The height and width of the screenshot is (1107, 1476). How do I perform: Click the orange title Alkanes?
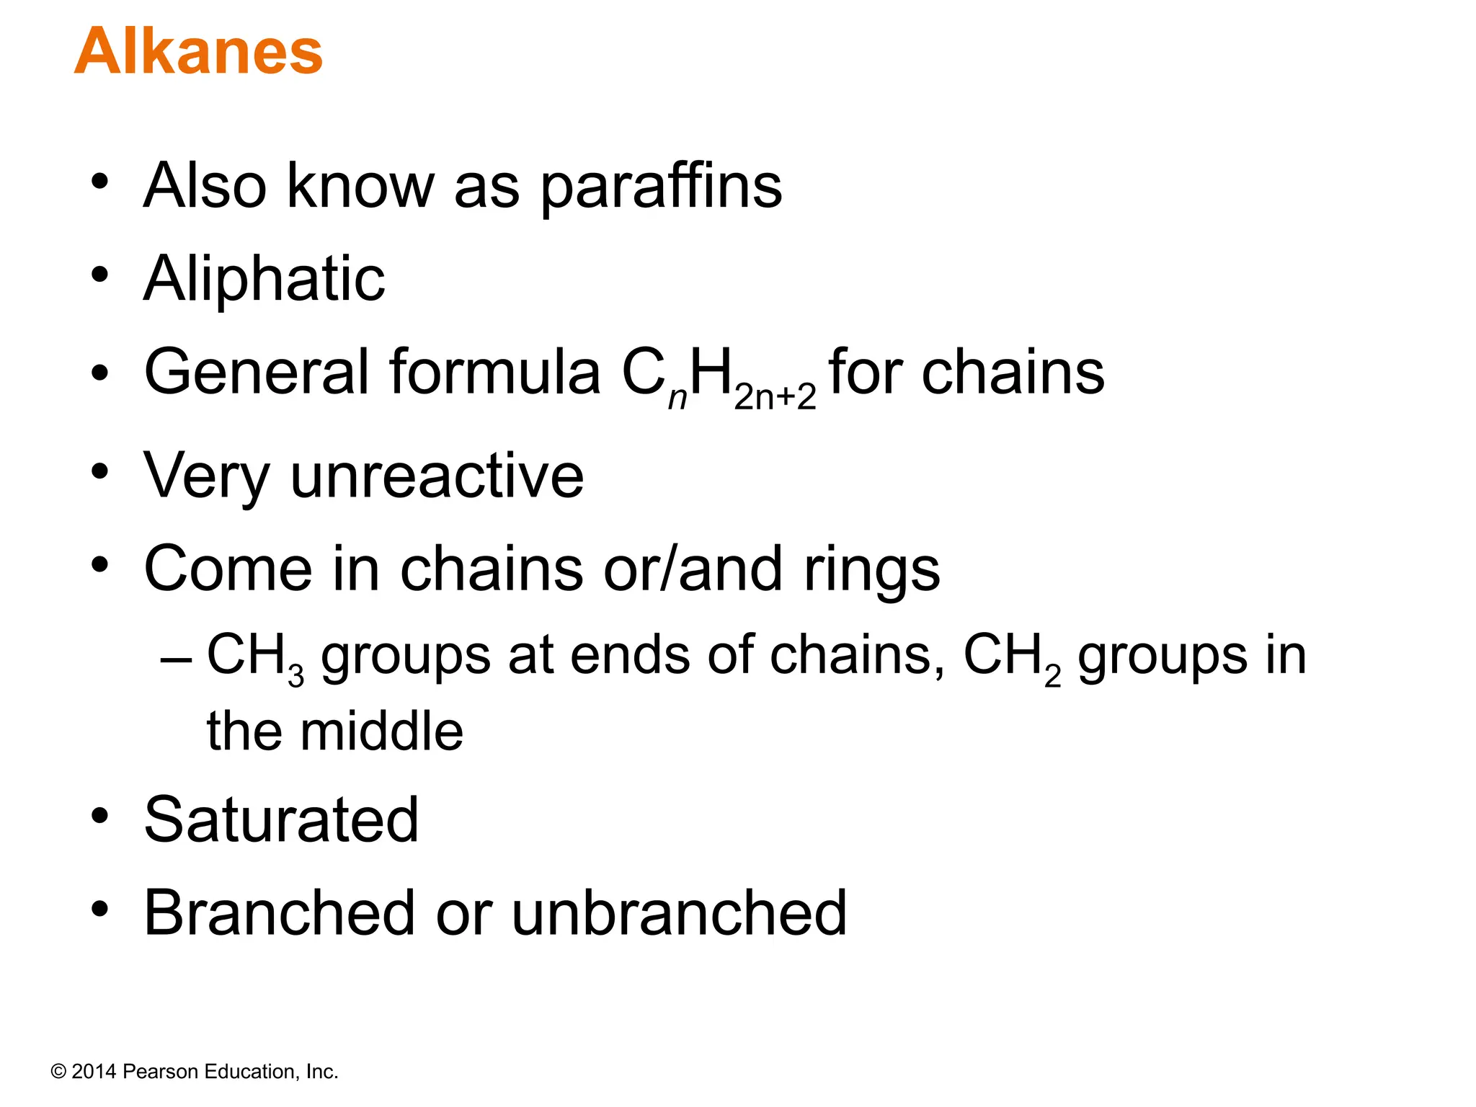point(198,52)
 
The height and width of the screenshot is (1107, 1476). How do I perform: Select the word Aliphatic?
point(264,279)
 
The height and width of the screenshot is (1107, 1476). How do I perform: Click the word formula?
point(495,373)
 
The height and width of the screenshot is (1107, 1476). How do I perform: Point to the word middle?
point(382,732)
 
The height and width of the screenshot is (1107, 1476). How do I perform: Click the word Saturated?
point(281,820)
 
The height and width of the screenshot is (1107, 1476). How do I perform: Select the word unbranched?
point(679,913)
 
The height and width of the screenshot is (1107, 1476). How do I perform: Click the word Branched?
point(279,913)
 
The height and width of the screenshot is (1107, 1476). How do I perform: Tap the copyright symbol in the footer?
point(58,1072)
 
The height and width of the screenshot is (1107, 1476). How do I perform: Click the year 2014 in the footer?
point(94,1072)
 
